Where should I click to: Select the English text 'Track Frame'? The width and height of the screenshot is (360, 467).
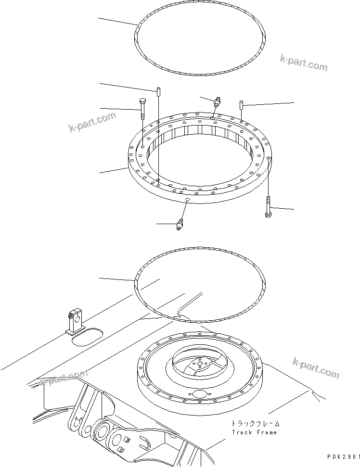click(x=254, y=432)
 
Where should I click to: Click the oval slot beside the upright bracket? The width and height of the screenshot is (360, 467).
click(x=87, y=337)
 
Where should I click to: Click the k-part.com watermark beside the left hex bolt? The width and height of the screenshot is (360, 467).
click(x=92, y=122)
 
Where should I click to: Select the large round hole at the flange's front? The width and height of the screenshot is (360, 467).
click(x=198, y=395)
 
